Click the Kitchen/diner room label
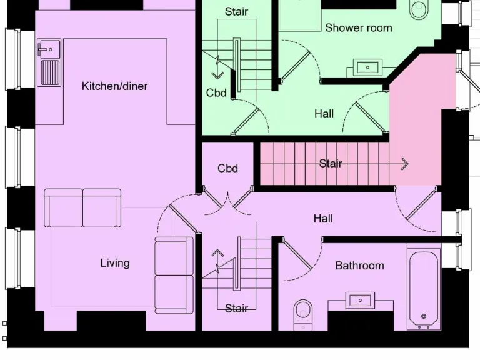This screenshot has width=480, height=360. tap(115, 86)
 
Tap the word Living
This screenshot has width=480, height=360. tap(115, 263)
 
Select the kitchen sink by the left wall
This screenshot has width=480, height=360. tap(49, 62)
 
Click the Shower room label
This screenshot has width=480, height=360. tap(359, 28)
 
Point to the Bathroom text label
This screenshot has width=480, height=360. tap(359, 266)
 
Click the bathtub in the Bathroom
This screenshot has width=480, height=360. tap(423, 287)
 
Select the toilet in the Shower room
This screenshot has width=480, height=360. tap(418, 9)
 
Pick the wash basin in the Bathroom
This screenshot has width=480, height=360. tap(360, 301)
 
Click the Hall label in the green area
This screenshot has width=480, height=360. tap(324, 114)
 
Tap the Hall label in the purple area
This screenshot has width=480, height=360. tap(323, 219)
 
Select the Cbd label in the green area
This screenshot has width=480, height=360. tap(216, 93)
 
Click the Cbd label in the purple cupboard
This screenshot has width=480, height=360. tap(227, 168)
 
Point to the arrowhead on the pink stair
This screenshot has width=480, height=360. tap(404, 164)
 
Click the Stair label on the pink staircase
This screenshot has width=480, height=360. tap(331, 164)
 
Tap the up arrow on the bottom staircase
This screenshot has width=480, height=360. tap(217, 254)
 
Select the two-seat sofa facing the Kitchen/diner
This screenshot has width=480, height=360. tap(82, 208)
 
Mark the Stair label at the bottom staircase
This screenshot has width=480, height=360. tap(236, 308)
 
